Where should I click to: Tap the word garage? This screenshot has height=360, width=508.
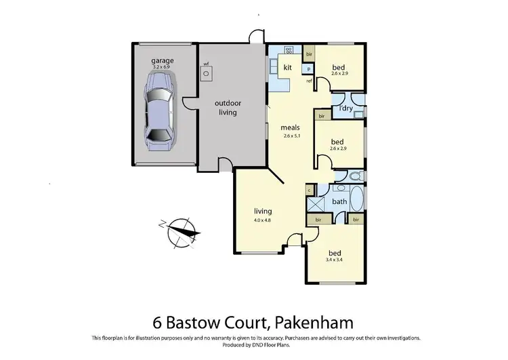pos(162,60)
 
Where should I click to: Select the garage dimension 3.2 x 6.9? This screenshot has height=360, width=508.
pos(162,66)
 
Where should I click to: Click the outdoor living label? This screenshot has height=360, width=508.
pos(228,108)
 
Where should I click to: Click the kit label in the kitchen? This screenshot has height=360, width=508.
pos(287,67)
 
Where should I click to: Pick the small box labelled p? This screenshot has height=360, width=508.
pos(308,68)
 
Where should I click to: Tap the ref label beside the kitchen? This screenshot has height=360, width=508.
pos(309,81)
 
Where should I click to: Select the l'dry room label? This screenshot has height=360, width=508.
pos(345,108)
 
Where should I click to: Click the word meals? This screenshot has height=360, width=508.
pos(291,127)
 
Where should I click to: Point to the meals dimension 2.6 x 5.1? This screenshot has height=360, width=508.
pos(291,136)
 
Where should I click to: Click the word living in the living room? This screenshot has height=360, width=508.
pos(263,211)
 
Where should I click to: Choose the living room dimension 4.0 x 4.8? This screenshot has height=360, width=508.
pos(263,220)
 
